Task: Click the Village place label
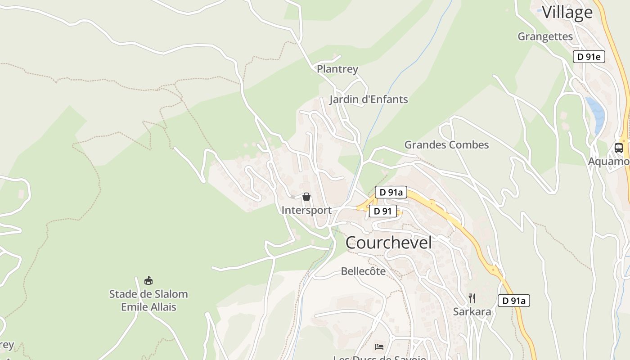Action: (x=567, y=12)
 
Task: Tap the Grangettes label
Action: (x=545, y=36)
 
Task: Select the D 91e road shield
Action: (x=589, y=57)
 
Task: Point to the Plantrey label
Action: (x=337, y=69)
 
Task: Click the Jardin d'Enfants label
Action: (x=369, y=99)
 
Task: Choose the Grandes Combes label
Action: (x=446, y=145)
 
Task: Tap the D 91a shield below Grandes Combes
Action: (x=391, y=192)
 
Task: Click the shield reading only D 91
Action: (x=382, y=211)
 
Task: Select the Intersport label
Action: (x=306, y=210)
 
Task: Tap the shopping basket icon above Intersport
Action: (x=306, y=197)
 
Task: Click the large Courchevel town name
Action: (x=388, y=243)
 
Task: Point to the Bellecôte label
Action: (x=363, y=271)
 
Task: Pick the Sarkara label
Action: (x=472, y=311)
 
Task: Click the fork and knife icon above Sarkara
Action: (x=472, y=298)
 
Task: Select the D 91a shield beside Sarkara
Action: (x=513, y=301)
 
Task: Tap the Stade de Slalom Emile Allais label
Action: (x=148, y=301)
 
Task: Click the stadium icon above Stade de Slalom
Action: (x=148, y=281)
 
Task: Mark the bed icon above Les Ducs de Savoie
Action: (x=379, y=346)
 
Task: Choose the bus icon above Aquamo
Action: (x=618, y=148)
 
